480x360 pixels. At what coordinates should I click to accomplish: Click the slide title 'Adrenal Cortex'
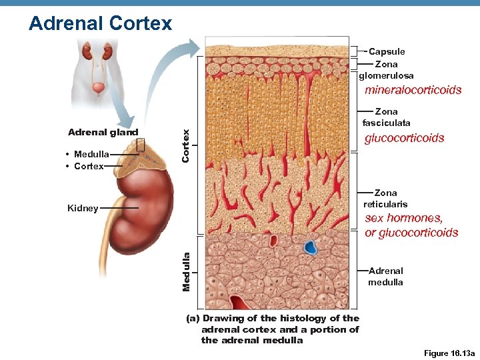coord(101,23)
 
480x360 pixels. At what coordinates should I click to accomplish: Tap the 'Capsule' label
coord(387,51)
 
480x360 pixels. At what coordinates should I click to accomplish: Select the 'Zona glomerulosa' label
coord(386,70)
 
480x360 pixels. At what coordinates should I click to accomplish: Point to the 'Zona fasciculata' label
coord(386,117)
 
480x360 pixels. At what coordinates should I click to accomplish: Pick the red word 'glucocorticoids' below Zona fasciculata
coord(404,138)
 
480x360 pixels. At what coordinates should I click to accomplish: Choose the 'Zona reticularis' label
coord(385,198)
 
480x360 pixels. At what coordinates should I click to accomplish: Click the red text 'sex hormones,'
coord(404,218)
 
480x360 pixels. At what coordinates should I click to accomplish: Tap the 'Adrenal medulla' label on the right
coord(385,276)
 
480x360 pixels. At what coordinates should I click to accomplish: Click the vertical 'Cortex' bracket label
coord(187,145)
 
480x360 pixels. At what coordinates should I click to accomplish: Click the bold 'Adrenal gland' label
coord(103,132)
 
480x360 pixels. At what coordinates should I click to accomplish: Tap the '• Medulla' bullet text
coord(88,154)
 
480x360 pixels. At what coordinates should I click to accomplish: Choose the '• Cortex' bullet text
coord(85,166)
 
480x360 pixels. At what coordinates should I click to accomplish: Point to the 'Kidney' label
coord(83,208)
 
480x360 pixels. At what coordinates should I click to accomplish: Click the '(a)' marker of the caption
coord(193,319)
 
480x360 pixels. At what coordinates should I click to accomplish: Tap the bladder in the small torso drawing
coord(98,87)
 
